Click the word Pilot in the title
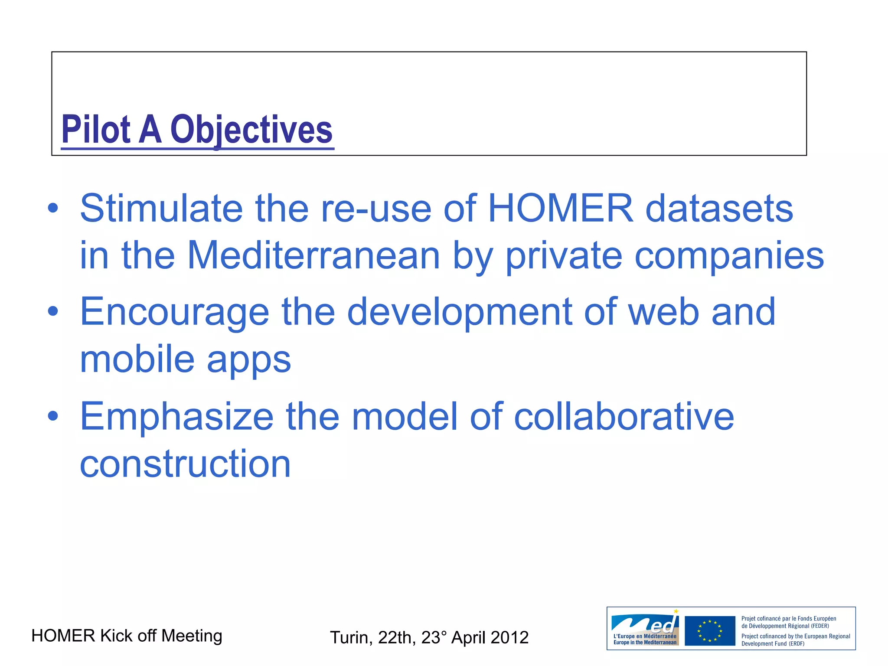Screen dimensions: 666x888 click(x=96, y=130)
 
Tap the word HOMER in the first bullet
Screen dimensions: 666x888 click(x=560, y=209)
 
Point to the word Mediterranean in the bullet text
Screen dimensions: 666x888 click(x=313, y=255)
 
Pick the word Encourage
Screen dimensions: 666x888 click(x=174, y=312)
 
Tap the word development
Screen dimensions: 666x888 click(x=459, y=313)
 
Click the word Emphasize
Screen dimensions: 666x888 click(x=176, y=417)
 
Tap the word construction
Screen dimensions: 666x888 click(x=185, y=464)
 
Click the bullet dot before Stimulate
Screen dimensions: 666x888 click(x=53, y=208)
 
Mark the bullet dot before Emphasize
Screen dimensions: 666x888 click(x=53, y=416)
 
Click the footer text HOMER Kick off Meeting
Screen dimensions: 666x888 click(x=127, y=636)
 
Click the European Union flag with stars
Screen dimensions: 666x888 click(x=710, y=630)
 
